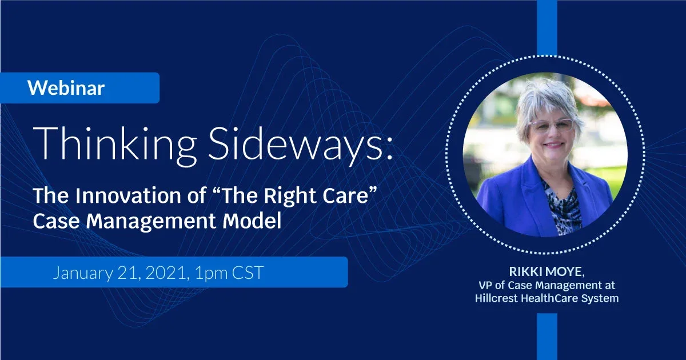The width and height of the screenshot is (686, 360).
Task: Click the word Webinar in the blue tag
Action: [x=66, y=88]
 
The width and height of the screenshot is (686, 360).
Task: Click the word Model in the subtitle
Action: [x=252, y=221]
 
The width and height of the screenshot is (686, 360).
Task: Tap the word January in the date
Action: [x=83, y=273]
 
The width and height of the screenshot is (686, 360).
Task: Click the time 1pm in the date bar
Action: [x=211, y=273]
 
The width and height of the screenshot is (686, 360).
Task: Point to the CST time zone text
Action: [x=248, y=273]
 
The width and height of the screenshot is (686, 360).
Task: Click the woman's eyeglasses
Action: [x=552, y=126]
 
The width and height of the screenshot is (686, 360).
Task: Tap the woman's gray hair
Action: [x=548, y=98]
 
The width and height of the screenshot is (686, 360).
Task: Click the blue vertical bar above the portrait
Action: [x=547, y=27]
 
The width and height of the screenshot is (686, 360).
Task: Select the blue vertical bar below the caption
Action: [x=547, y=337]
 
